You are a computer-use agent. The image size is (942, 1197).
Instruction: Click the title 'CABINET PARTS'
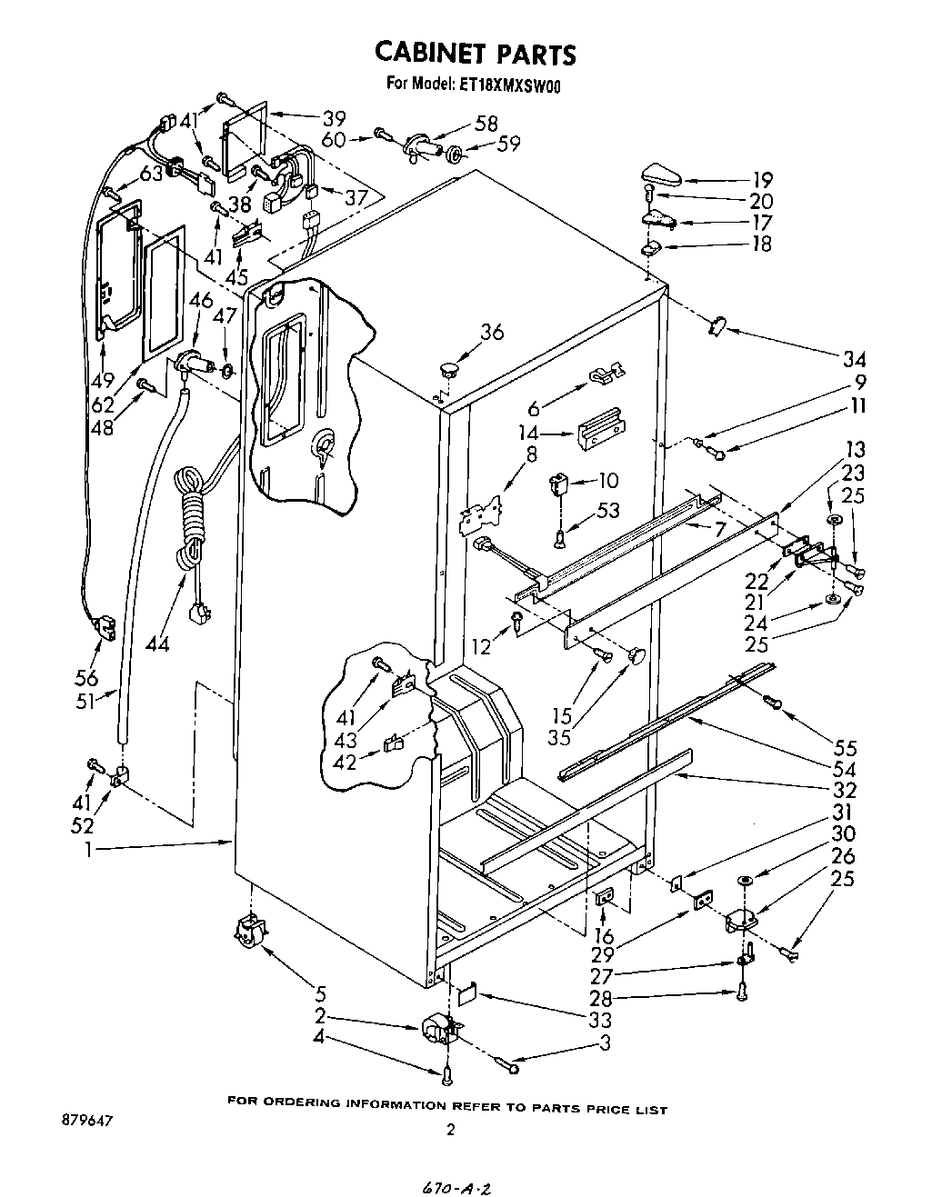pos(475,54)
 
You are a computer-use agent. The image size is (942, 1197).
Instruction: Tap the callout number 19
pos(762,179)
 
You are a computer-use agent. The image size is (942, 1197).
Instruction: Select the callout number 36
pos(492,333)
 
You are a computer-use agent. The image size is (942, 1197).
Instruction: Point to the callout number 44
pos(157,644)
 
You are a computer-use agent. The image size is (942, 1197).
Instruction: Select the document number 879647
pos(87,1121)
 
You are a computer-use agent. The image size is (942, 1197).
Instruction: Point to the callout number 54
pos(845,769)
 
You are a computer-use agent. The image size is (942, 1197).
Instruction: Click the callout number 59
pos(507,144)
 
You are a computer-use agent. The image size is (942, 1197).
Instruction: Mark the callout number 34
pos(853,357)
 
